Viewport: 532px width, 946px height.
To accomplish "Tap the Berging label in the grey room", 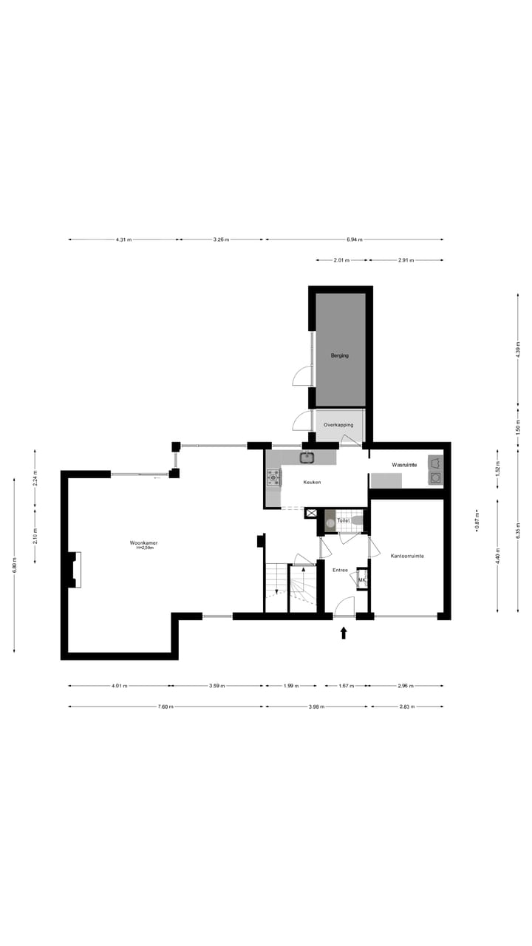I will pyautogui.click(x=340, y=355).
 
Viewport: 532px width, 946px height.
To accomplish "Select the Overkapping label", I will pyautogui.click(x=339, y=425).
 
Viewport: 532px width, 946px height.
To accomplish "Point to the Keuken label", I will pyautogui.click(x=312, y=482).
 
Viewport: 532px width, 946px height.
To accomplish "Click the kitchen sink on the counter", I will pyautogui.click(x=307, y=457).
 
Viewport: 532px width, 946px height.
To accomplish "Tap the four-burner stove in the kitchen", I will pyautogui.click(x=273, y=478).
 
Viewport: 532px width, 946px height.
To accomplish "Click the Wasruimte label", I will pyautogui.click(x=404, y=465).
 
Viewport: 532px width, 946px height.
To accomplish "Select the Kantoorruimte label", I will pyautogui.click(x=407, y=556).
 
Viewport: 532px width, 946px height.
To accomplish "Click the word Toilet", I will pyautogui.click(x=343, y=521).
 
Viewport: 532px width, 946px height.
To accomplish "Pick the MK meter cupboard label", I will pyautogui.click(x=361, y=581).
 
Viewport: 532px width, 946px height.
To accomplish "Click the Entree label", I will pyautogui.click(x=340, y=570).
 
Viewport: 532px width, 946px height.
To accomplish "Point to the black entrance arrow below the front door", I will pyautogui.click(x=344, y=633).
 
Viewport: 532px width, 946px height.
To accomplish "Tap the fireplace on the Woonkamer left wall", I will pyautogui.click(x=74, y=569).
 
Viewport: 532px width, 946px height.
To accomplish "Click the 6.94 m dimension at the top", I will pyautogui.click(x=355, y=239).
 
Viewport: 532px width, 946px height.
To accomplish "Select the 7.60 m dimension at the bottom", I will pyautogui.click(x=166, y=707).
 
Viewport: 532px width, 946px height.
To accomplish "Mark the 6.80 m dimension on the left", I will pyautogui.click(x=15, y=565).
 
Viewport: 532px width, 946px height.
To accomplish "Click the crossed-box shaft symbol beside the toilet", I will pyautogui.click(x=311, y=513).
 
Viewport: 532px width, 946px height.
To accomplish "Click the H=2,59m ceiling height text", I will pyautogui.click(x=141, y=548).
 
